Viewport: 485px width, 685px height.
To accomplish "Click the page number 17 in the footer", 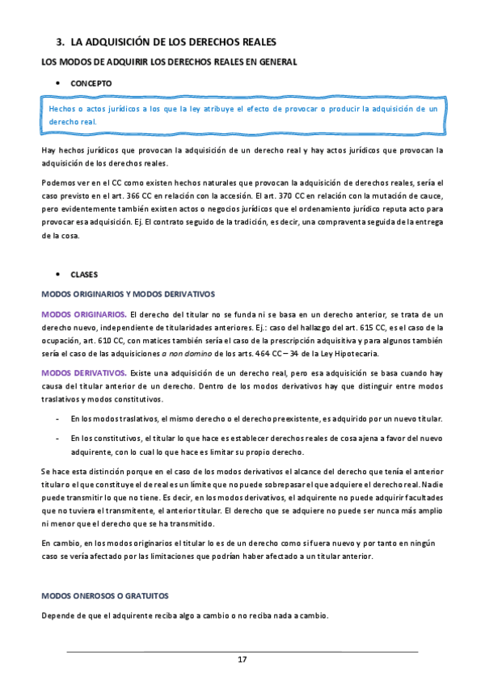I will click(x=242, y=660).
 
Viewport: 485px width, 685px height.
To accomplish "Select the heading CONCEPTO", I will click(x=91, y=83).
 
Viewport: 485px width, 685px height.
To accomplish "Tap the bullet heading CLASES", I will click(x=84, y=274).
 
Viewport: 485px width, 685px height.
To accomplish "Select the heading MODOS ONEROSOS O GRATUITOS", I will click(x=104, y=595).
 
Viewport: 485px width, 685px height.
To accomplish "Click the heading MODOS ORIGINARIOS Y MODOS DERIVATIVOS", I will click(x=128, y=294).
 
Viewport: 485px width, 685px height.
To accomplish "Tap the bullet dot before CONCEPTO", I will click(x=57, y=83).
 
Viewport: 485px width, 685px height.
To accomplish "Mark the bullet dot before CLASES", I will click(x=57, y=274).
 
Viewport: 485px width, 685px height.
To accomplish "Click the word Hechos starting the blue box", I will click(x=63, y=107).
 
